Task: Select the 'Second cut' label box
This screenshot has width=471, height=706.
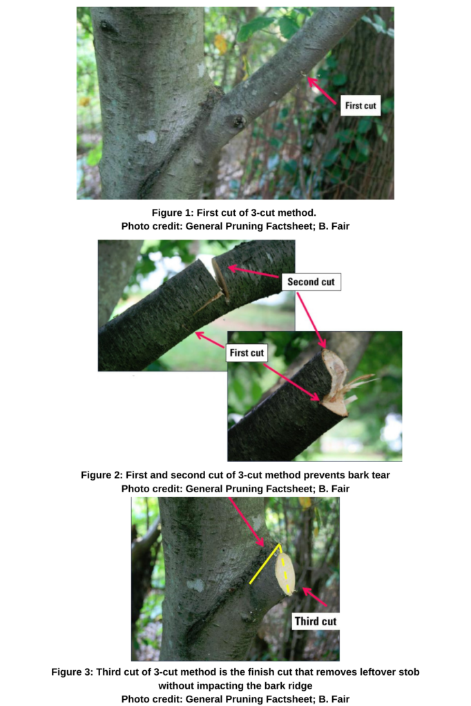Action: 311,281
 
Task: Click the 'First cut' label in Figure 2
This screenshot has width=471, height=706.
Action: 247,352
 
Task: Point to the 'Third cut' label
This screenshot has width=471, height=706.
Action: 316,621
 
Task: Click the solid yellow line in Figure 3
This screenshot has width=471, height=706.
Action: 265,565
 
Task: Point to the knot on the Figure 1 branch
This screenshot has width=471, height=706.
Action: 238,122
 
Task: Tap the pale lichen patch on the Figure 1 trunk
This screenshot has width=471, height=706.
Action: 147,137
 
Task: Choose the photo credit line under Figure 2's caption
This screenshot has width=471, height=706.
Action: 236,489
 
